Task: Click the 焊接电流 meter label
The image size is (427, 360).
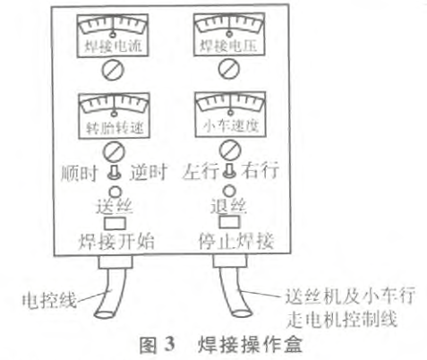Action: [113, 47]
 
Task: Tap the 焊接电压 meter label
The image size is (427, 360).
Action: [228, 46]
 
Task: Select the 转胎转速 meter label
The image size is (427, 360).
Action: [115, 128]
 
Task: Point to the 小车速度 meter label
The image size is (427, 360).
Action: [231, 126]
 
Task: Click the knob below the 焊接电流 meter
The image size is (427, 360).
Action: [113, 70]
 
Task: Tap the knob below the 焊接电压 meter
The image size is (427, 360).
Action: [229, 69]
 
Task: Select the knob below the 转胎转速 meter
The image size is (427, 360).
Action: [114, 151]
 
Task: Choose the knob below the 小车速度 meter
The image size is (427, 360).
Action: [230, 150]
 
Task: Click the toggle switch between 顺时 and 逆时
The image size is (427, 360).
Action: [114, 173]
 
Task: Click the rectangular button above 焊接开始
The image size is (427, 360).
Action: [115, 223]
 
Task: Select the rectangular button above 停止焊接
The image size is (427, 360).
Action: [229, 221]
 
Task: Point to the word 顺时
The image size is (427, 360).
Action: [80, 173]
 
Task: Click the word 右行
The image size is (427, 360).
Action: [260, 171]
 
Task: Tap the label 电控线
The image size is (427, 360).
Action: [49, 300]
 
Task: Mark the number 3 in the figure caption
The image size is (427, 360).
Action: [169, 345]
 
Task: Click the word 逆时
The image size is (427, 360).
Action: [149, 172]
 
